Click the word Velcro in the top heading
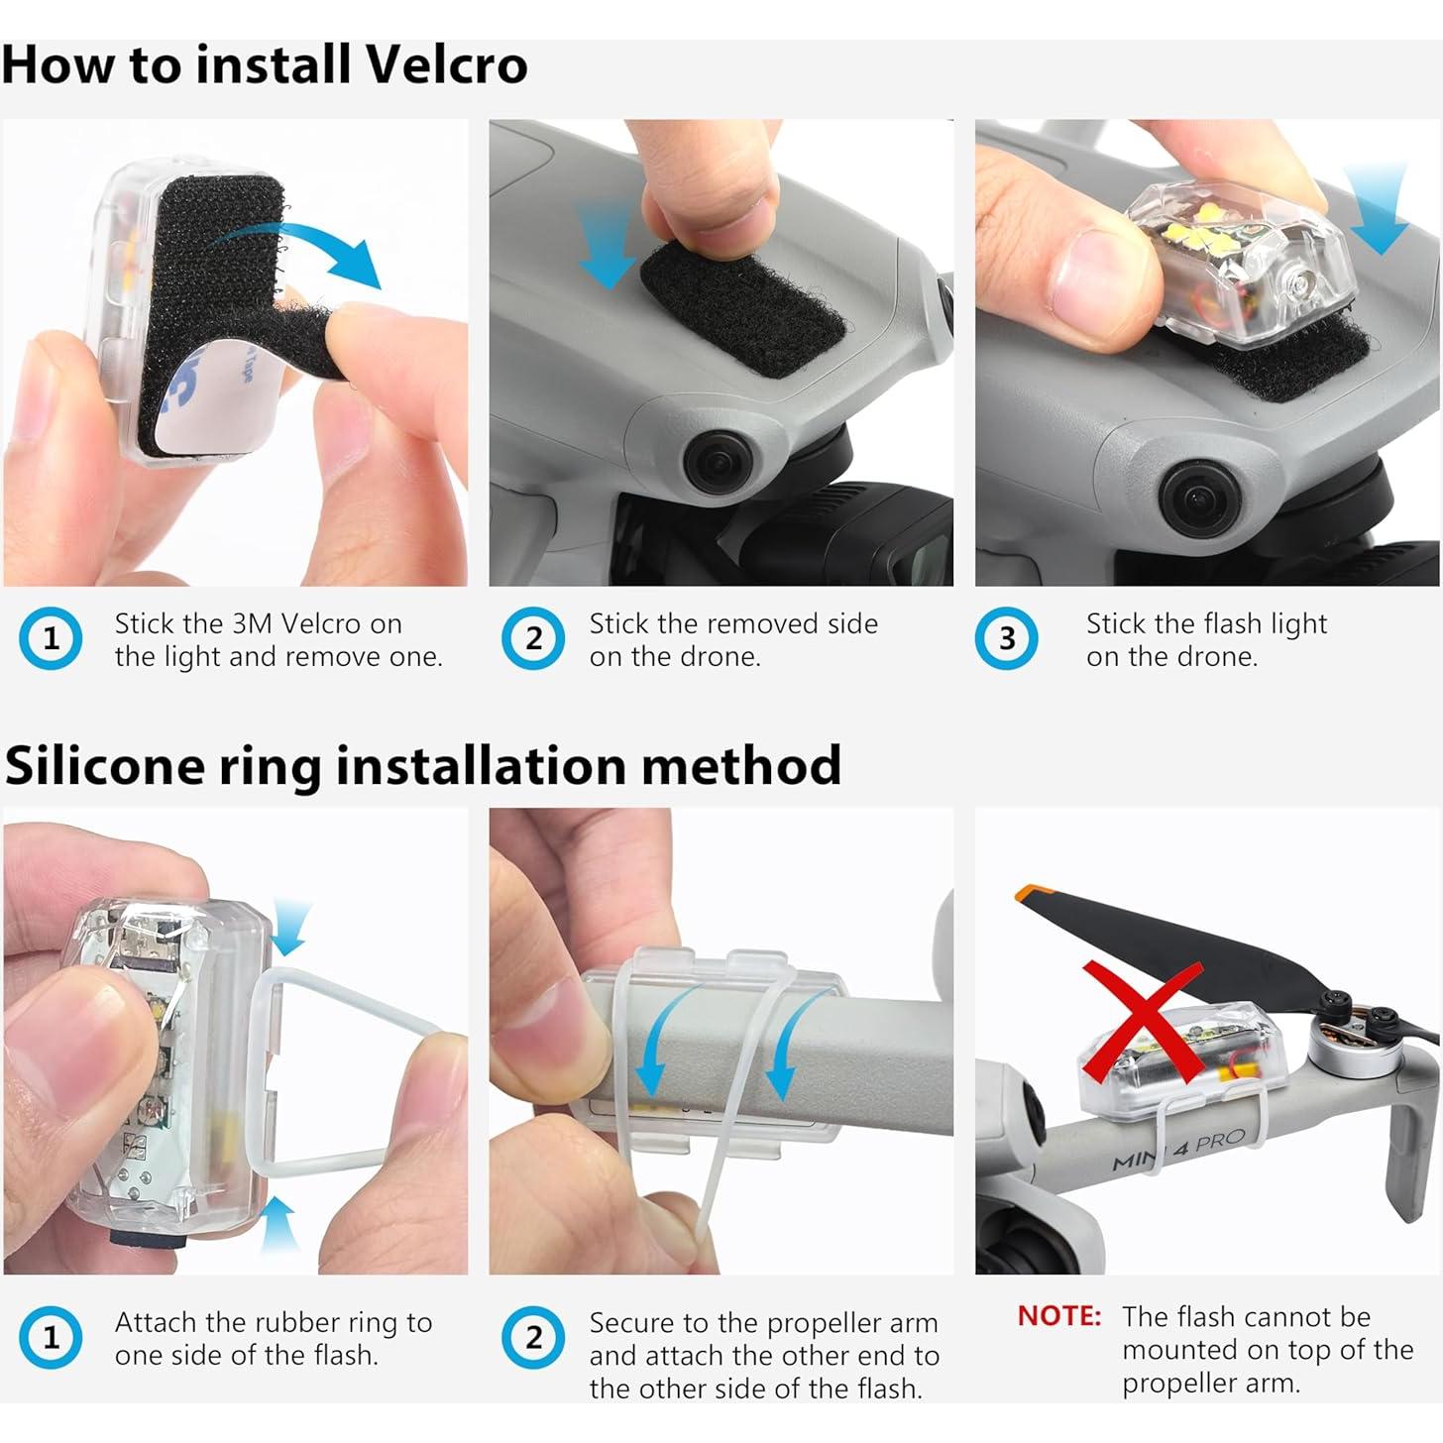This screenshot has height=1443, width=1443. point(448,65)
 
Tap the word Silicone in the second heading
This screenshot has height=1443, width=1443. point(103,765)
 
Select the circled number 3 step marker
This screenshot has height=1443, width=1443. point(1006,639)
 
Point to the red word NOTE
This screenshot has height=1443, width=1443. point(1058,1316)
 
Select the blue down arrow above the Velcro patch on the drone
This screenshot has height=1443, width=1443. point(610,243)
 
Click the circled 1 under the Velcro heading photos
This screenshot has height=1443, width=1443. point(51,639)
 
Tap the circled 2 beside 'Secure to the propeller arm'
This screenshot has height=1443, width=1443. point(533,1337)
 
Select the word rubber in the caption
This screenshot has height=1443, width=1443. point(289,1322)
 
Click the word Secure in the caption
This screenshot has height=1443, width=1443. point(638,1323)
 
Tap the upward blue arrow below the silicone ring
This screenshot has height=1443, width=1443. point(278,1224)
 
